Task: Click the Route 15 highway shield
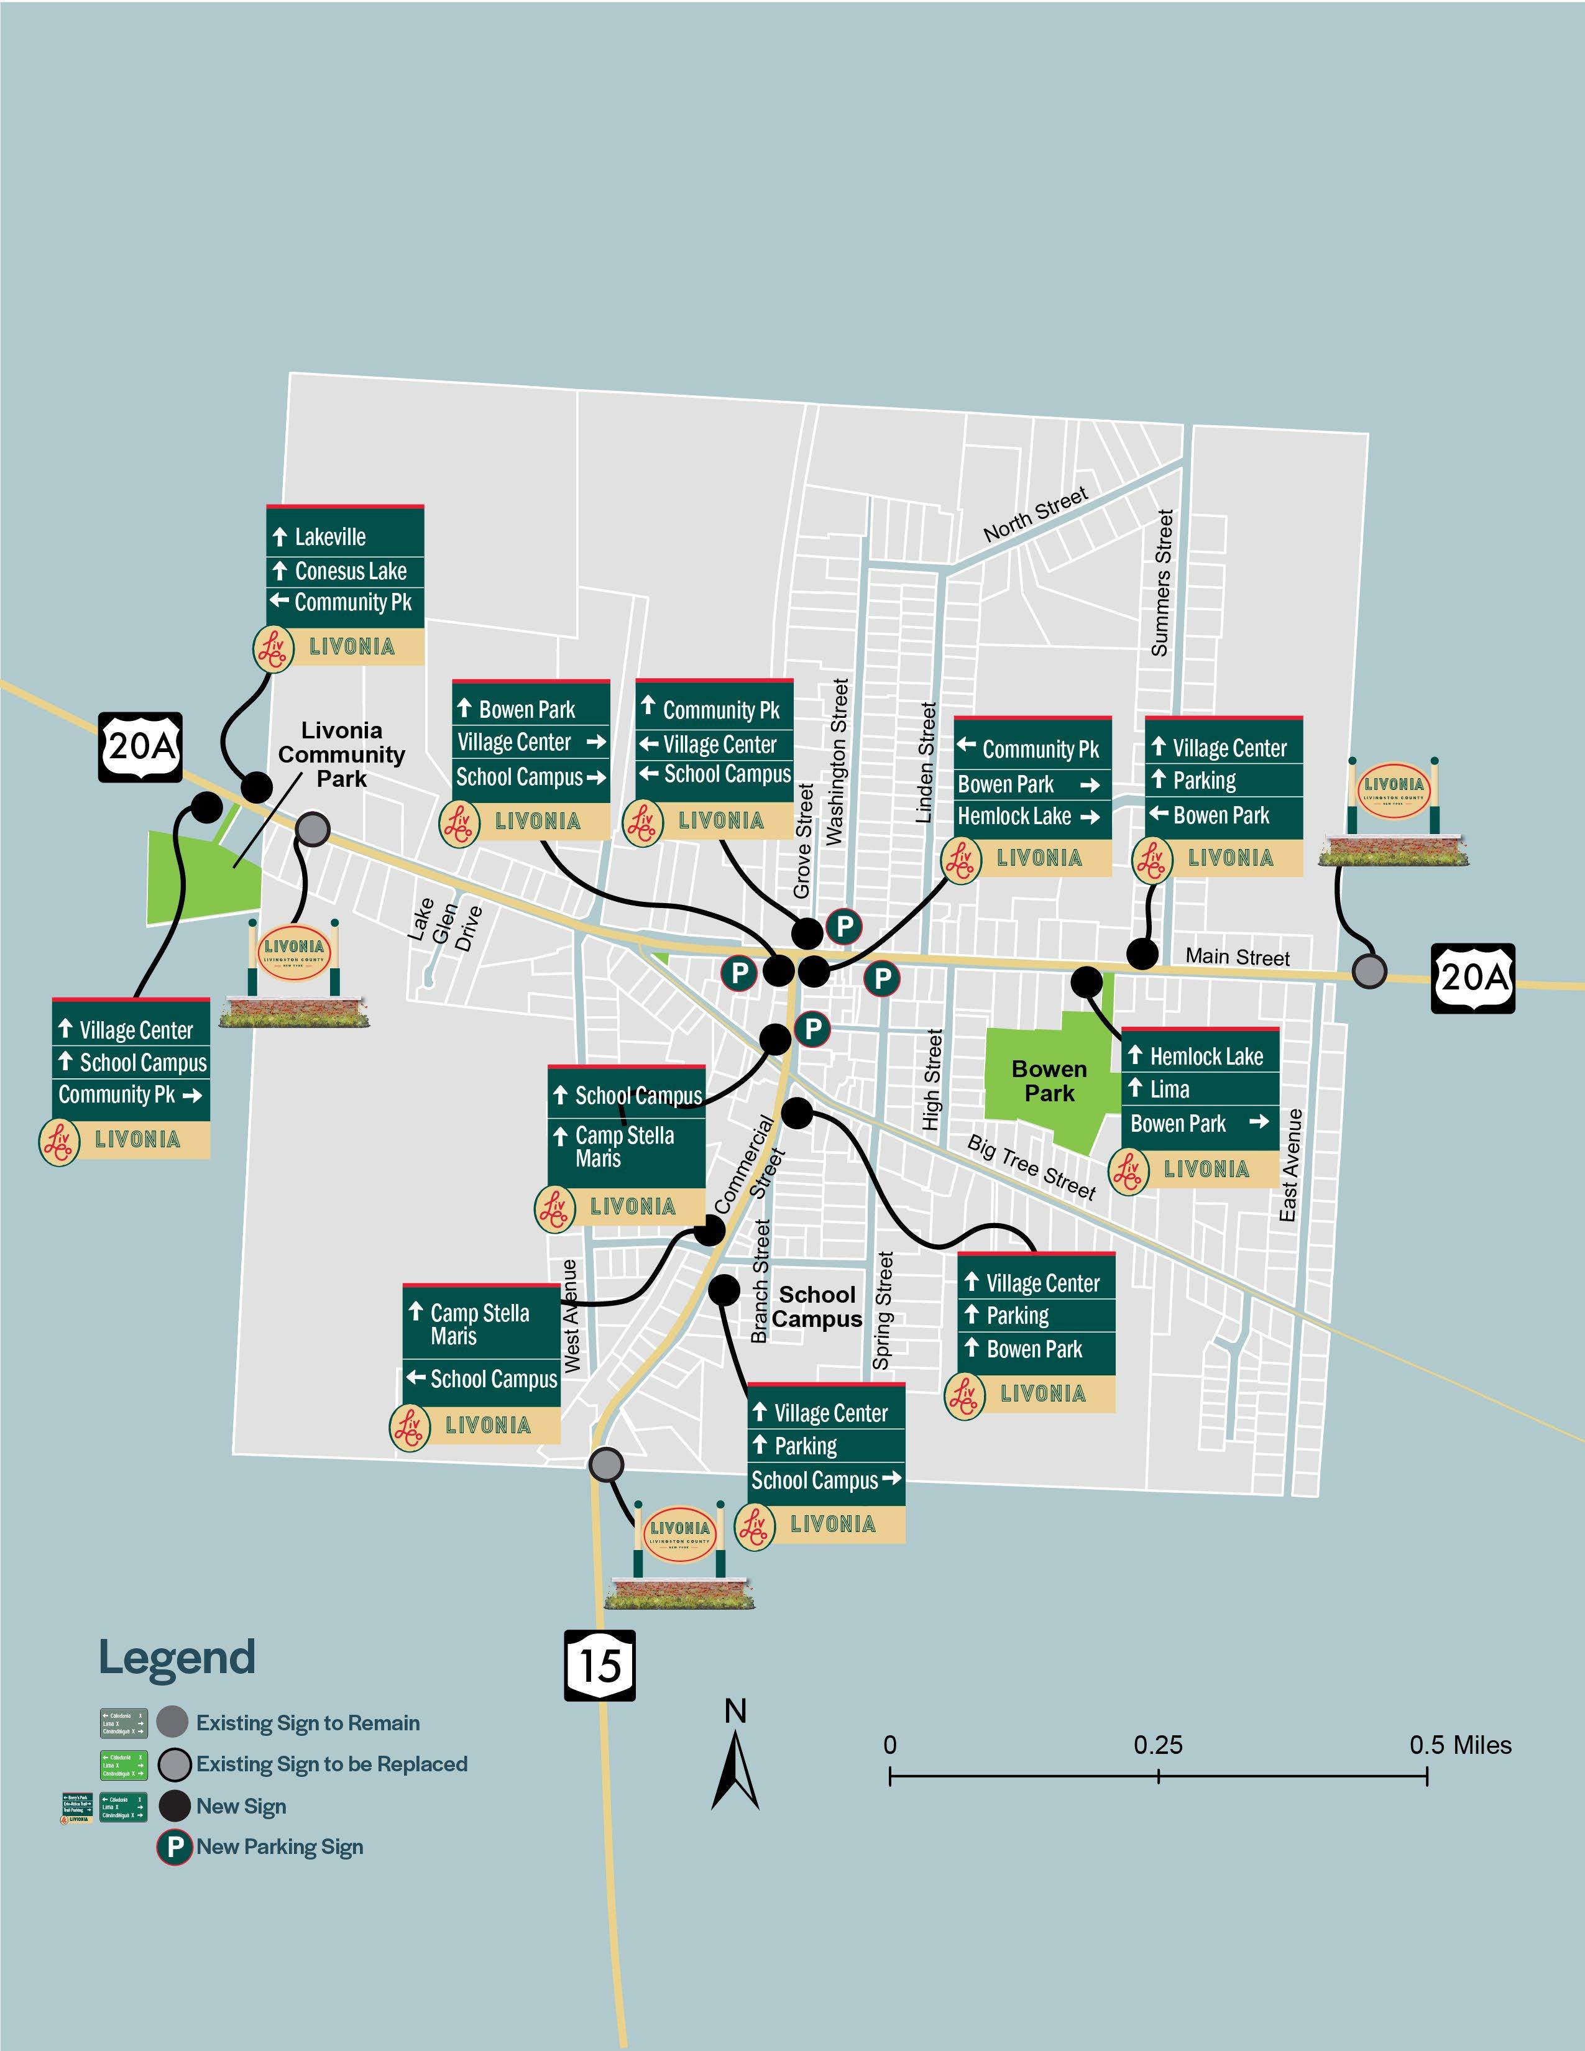click(x=599, y=1665)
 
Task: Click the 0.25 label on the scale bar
click(x=1158, y=1745)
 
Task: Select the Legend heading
click(x=177, y=1658)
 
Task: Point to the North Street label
click(x=1036, y=514)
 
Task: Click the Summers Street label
click(x=1162, y=582)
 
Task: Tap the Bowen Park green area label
click(x=1049, y=1081)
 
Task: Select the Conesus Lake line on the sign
click(x=349, y=571)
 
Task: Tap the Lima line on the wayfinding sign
click(x=1169, y=1090)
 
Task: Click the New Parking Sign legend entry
click(x=279, y=1847)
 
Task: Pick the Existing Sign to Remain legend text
click(x=307, y=1722)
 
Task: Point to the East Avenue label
click(x=1292, y=1165)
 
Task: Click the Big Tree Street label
click(x=1031, y=1167)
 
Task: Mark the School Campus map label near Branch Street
click(x=817, y=1306)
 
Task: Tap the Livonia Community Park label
click(x=341, y=754)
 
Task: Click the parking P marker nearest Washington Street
click(x=844, y=926)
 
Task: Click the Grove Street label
click(x=803, y=840)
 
